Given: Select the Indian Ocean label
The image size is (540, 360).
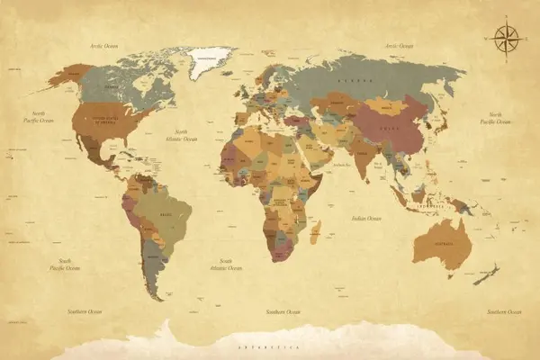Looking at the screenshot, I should click(366, 218).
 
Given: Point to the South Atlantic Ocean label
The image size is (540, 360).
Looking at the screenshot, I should click(226, 264).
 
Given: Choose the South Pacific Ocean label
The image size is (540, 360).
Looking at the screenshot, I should click(65, 264).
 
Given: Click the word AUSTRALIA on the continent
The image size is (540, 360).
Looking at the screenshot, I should click(441, 244).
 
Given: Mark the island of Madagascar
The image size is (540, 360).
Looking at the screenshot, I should click(315, 233).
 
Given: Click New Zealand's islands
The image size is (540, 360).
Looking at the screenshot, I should click(487, 274).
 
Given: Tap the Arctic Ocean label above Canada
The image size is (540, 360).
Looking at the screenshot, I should click(103, 44).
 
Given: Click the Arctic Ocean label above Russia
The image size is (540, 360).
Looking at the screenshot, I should click(399, 44).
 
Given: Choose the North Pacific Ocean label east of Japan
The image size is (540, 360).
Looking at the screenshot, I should click(497, 118).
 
